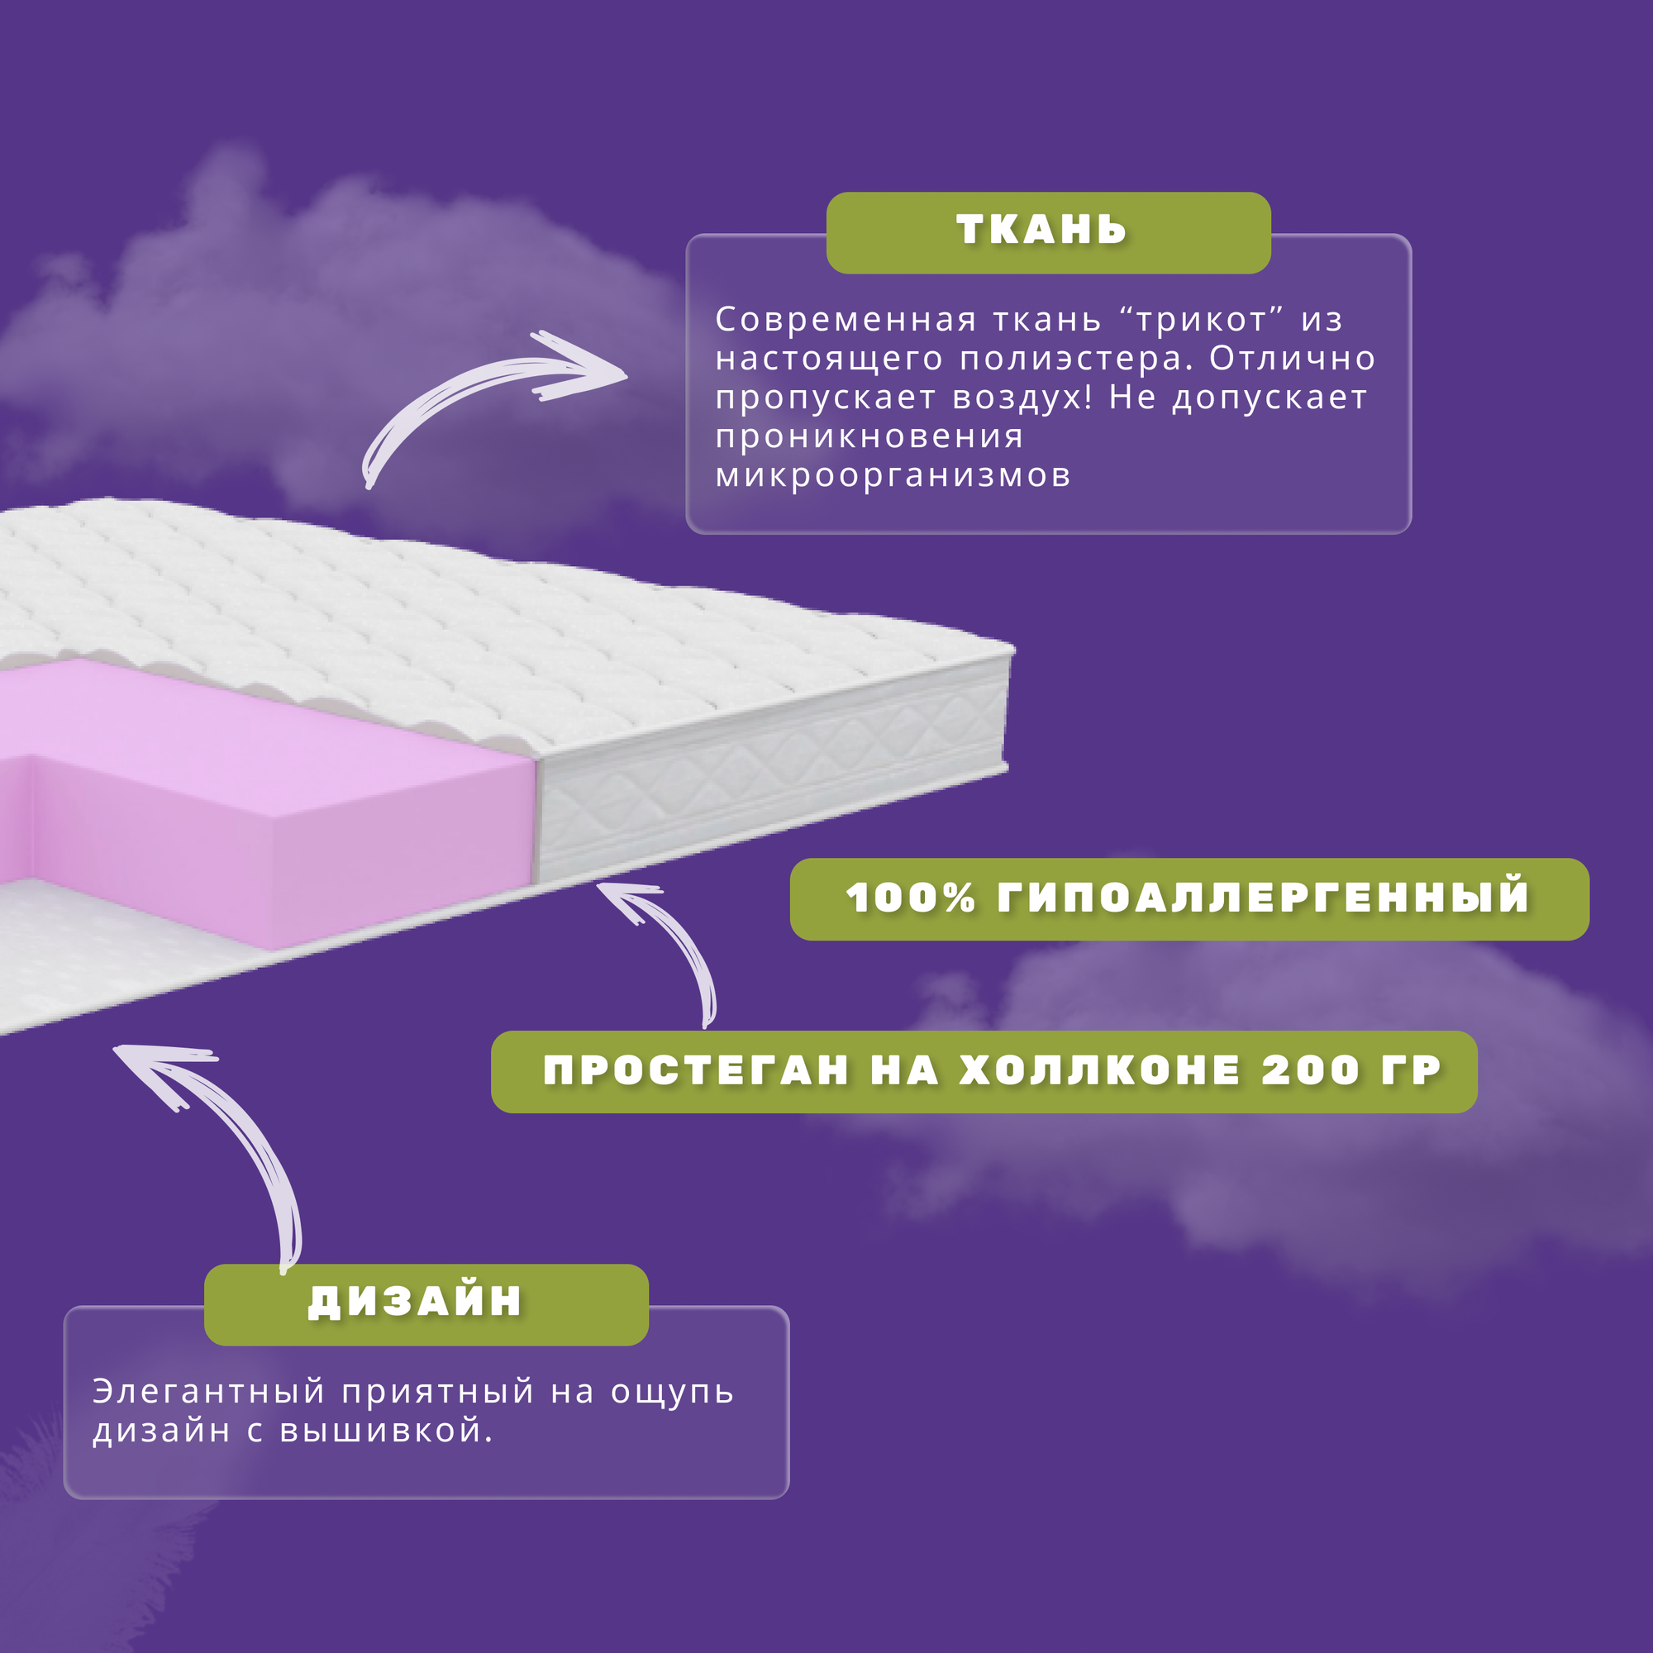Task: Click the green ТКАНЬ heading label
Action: click(1047, 232)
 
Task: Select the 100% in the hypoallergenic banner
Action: click(910, 898)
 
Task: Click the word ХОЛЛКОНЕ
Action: click(1099, 1071)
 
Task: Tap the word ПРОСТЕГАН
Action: click(697, 1071)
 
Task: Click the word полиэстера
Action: click(1075, 360)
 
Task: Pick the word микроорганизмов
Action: click(893, 476)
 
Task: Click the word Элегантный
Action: click(209, 1392)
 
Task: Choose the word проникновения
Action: click(869, 437)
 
